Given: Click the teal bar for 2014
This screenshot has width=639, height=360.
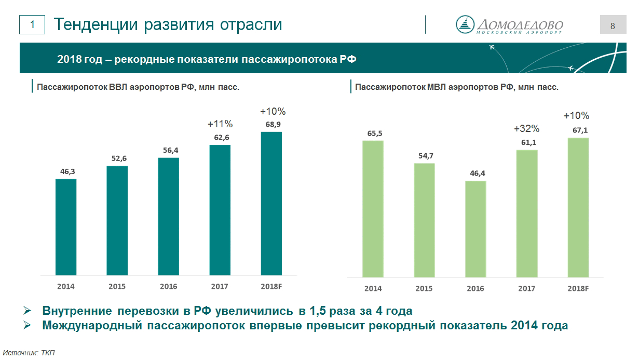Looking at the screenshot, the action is click(66, 227).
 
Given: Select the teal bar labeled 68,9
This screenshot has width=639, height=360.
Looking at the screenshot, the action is click(271, 204).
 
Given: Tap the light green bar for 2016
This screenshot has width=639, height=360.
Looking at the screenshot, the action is click(475, 229).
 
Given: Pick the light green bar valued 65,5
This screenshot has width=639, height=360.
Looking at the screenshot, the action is click(373, 209).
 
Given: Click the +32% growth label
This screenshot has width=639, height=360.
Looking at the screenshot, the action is click(526, 129).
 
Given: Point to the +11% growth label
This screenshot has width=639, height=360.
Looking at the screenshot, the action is click(220, 124).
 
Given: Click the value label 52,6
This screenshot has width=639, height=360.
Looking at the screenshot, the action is click(119, 158).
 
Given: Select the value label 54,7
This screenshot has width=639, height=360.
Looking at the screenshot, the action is click(426, 156).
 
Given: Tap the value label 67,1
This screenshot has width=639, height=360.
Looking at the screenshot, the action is click(580, 130).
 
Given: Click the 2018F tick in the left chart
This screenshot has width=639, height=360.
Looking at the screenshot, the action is click(271, 286).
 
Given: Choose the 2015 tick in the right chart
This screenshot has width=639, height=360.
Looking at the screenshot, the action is click(424, 288).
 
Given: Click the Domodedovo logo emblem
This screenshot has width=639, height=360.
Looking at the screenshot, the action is click(465, 24).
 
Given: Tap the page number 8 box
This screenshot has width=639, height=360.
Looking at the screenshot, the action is click(613, 24).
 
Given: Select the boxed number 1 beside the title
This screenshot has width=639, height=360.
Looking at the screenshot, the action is click(32, 24).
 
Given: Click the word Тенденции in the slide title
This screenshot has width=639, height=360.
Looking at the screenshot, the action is click(96, 25).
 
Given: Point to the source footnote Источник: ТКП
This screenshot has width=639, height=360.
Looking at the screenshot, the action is click(29, 353).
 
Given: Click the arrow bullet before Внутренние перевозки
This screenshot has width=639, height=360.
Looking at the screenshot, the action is click(27, 310).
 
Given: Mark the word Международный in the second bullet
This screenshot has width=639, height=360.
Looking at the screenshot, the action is click(92, 326).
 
